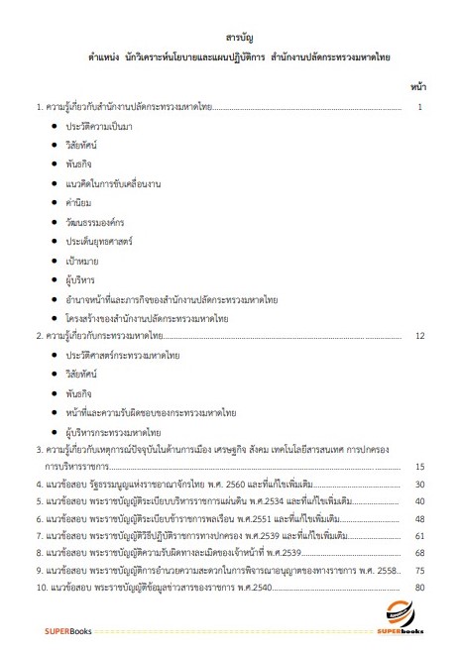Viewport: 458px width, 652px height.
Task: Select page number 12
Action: [x=420, y=337]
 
